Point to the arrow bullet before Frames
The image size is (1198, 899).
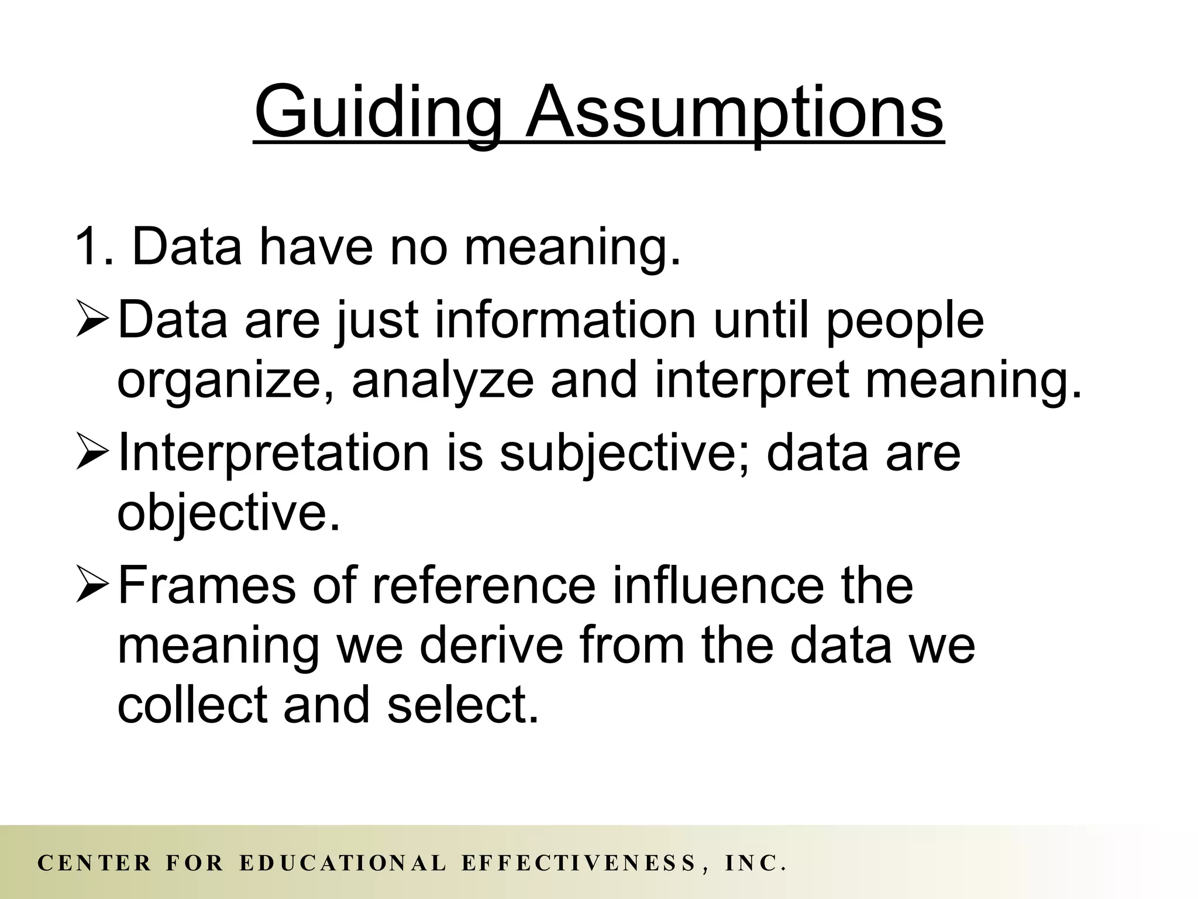pyautogui.click(x=92, y=587)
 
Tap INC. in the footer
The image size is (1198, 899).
pyautogui.click(x=755, y=863)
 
